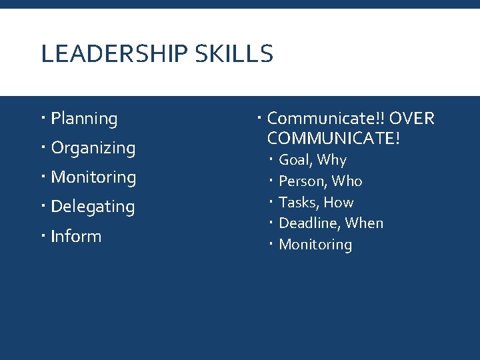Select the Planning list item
pyautogui.click(x=84, y=119)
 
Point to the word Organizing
pyautogui.click(x=93, y=149)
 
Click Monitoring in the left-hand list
pyautogui.click(x=93, y=177)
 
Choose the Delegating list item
pyautogui.click(x=93, y=207)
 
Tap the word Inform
pyautogui.click(x=76, y=236)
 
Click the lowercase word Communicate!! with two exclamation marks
pyautogui.click(x=325, y=119)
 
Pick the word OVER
pyautogui.click(x=411, y=119)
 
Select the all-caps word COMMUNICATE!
pyautogui.click(x=333, y=139)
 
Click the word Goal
pyautogui.click(x=295, y=160)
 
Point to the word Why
pyautogui.click(x=332, y=160)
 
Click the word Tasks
pyautogui.click(x=297, y=203)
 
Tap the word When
pyautogui.click(x=364, y=223)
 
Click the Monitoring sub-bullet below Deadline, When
pyautogui.click(x=315, y=245)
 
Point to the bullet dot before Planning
pyautogui.click(x=42, y=119)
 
